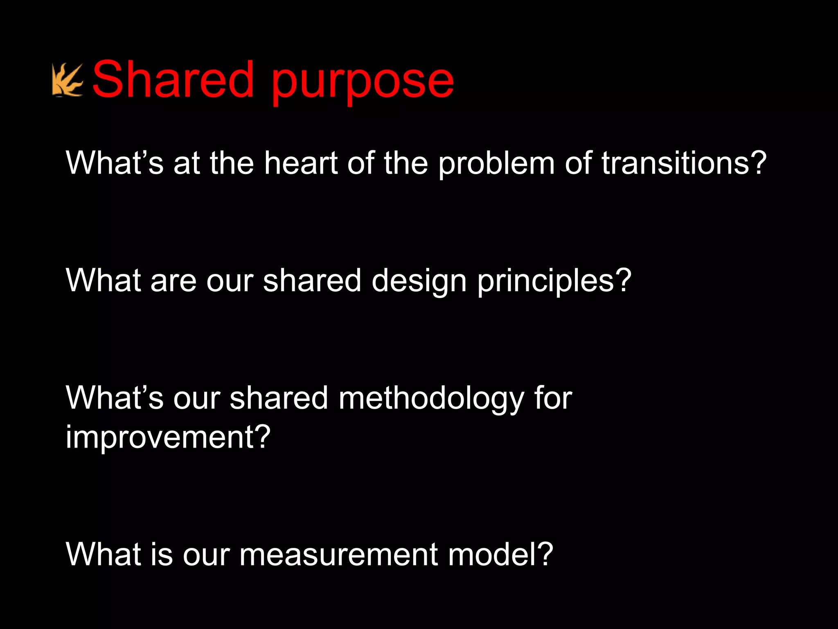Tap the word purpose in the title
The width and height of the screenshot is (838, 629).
click(362, 82)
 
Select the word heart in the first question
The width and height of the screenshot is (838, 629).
click(301, 163)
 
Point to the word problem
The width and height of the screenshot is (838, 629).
click(496, 164)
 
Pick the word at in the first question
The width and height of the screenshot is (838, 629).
click(187, 163)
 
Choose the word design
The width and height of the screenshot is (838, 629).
click(419, 283)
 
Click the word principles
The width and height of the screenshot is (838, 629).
click(546, 283)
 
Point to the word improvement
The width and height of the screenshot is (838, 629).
click(158, 437)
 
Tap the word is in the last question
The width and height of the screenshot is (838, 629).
click(162, 554)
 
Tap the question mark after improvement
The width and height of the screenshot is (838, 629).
click(261, 437)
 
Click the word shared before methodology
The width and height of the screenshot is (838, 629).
click(279, 398)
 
